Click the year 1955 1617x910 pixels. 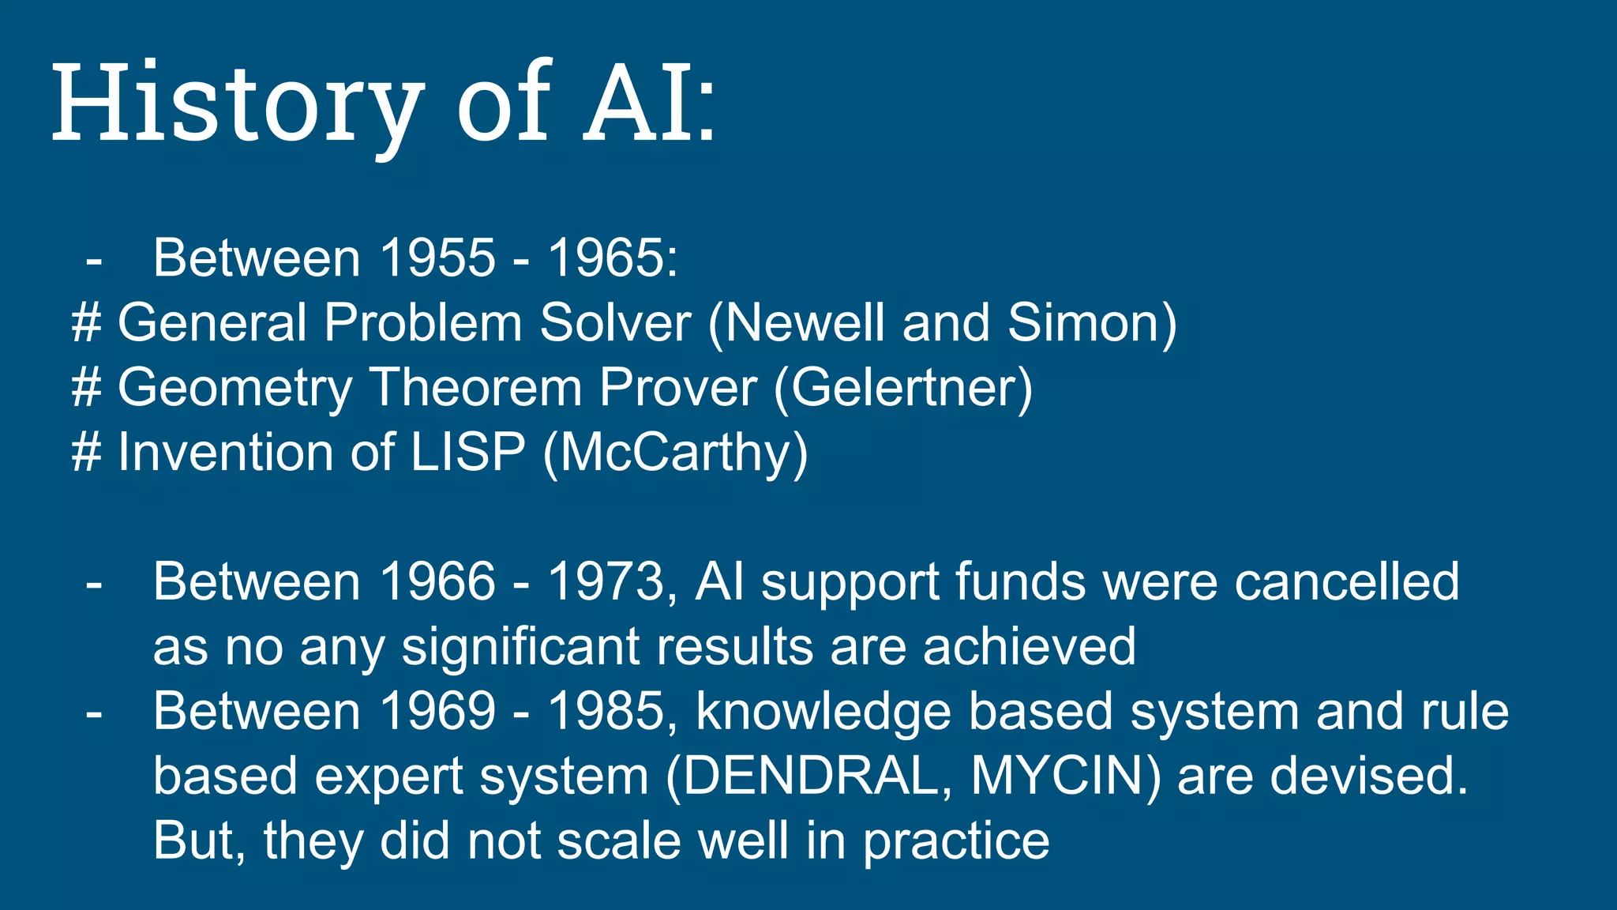click(437, 258)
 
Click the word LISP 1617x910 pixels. click(467, 453)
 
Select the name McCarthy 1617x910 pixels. click(676, 454)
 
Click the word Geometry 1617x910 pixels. click(234, 389)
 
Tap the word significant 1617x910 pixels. click(520, 647)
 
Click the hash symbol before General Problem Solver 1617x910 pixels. click(86, 323)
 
